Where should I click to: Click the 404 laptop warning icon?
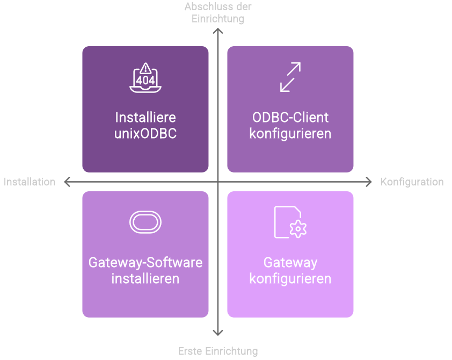click(x=145, y=79)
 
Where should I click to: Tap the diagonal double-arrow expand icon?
click(x=290, y=77)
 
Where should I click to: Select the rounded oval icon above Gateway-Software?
click(x=145, y=222)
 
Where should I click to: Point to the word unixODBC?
click(x=145, y=133)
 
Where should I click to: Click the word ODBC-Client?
click(x=290, y=117)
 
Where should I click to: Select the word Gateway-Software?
click(x=145, y=263)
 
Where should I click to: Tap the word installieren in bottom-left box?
click(x=145, y=279)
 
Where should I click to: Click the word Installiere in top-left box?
click(x=145, y=117)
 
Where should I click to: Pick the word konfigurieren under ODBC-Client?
click(x=290, y=133)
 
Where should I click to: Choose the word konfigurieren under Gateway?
click(x=290, y=279)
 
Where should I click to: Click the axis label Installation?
click(x=30, y=182)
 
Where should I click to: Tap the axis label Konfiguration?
click(x=412, y=182)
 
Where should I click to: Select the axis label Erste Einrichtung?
click(x=218, y=351)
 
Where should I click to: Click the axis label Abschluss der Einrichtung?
click(x=218, y=12)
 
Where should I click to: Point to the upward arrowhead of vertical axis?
click(x=218, y=31)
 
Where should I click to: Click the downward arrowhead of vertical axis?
click(x=218, y=333)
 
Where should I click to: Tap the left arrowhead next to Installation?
click(x=67, y=182)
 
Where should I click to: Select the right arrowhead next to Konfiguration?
click(x=369, y=182)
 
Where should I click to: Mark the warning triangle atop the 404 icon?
click(x=145, y=69)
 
